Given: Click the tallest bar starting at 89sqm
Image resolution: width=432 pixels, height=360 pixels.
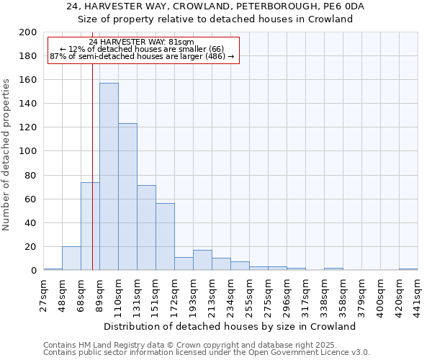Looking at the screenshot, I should (x=109, y=176).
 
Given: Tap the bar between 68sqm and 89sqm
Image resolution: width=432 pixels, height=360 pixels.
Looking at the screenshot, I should (x=90, y=226).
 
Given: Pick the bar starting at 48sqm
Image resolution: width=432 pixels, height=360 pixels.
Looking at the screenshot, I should (x=71, y=258).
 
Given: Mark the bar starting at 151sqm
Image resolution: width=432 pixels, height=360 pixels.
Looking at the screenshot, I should (x=165, y=237).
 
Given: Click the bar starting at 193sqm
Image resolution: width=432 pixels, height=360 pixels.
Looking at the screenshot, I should (x=202, y=260).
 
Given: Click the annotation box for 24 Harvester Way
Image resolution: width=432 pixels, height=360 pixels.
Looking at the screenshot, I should (x=142, y=49).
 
